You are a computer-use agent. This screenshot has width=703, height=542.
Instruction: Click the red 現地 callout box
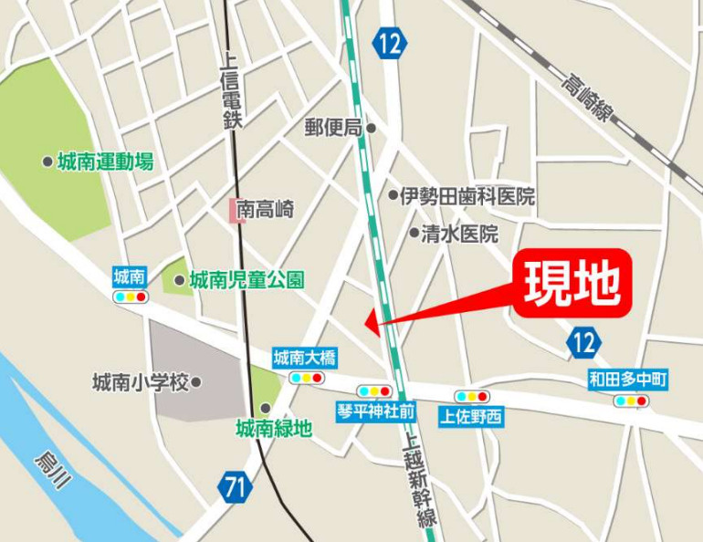click(572, 283)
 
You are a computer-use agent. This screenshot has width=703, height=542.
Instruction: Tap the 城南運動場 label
click(105, 162)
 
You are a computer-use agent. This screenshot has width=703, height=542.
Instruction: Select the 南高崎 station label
click(266, 209)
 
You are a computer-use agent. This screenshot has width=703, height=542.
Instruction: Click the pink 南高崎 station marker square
click(233, 209)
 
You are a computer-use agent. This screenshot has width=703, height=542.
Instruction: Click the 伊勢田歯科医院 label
click(467, 195)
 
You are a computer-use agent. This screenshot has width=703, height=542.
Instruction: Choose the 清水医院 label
click(459, 234)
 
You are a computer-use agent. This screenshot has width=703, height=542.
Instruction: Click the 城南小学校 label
click(141, 381)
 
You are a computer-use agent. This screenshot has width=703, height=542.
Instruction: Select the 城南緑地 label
click(273, 427)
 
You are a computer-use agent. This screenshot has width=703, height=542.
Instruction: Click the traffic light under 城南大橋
click(306, 377)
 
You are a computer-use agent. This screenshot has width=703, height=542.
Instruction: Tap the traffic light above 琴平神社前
click(375, 391)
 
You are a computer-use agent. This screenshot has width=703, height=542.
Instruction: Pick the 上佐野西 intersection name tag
click(471, 417)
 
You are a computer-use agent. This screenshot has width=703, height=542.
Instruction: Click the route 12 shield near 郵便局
click(390, 43)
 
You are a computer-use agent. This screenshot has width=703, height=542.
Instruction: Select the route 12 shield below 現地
click(583, 343)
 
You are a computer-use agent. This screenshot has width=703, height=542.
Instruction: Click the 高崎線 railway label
click(585, 98)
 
